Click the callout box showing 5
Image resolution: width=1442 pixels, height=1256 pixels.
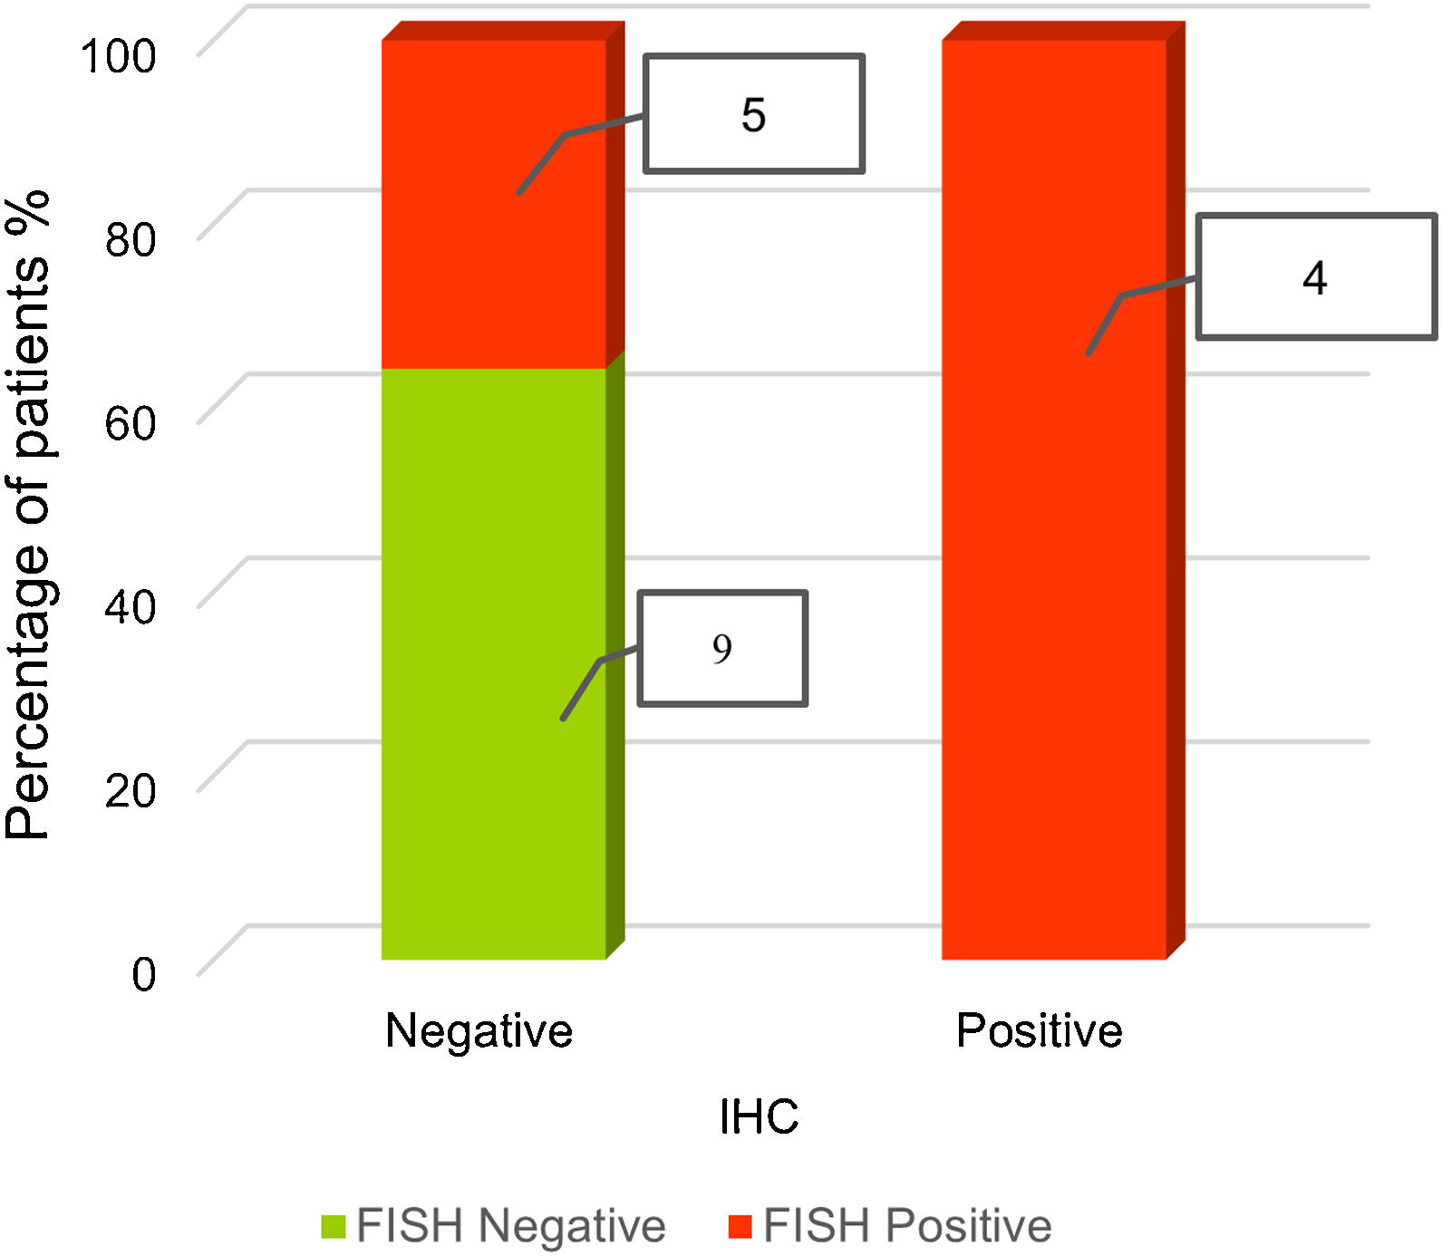[753, 114]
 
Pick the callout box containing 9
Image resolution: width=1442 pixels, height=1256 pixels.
[722, 648]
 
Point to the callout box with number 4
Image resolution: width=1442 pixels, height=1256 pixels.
[1315, 277]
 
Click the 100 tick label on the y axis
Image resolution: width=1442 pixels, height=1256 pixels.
[119, 56]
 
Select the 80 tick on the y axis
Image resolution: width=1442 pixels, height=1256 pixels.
[130, 239]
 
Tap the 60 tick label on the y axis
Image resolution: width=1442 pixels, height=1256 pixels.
[130, 423]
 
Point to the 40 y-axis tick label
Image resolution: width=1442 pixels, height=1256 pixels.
[130, 606]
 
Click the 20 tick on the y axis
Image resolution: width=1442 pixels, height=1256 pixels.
[130, 790]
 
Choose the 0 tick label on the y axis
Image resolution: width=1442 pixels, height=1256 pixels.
[143, 975]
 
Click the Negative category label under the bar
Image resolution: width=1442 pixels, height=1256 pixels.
[479, 1030]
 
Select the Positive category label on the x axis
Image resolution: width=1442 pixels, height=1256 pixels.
[1039, 1030]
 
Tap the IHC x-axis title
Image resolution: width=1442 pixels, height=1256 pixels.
[759, 1116]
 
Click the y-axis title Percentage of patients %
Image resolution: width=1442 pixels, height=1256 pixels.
[27, 517]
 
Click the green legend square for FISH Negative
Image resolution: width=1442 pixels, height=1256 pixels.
[333, 1226]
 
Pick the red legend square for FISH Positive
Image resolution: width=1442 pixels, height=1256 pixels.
[740, 1226]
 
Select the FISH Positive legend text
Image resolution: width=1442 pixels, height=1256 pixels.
[907, 1226]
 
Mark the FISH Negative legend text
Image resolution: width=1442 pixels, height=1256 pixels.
[511, 1226]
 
